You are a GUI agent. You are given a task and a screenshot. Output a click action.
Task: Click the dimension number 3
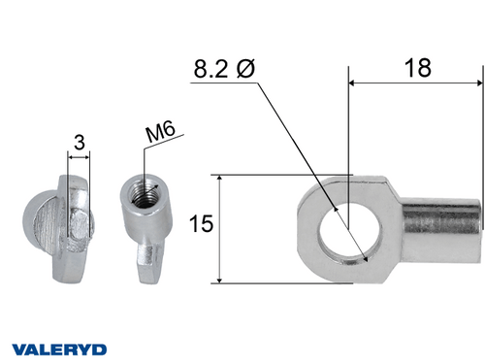tap(79, 142)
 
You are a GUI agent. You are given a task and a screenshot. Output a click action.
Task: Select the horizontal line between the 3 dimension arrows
tap(78, 157)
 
